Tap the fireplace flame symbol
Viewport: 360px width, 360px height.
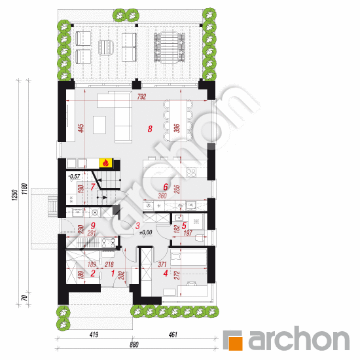click(103, 163)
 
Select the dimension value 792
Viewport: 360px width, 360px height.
click(141, 97)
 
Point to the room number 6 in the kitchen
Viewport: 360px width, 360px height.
click(166, 187)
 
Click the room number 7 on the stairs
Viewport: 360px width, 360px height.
click(92, 187)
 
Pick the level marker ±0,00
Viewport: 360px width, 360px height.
click(145, 232)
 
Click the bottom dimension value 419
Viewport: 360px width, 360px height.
click(94, 336)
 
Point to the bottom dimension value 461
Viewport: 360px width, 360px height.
click(173, 336)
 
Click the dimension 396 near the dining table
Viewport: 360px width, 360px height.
click(175, 128)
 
